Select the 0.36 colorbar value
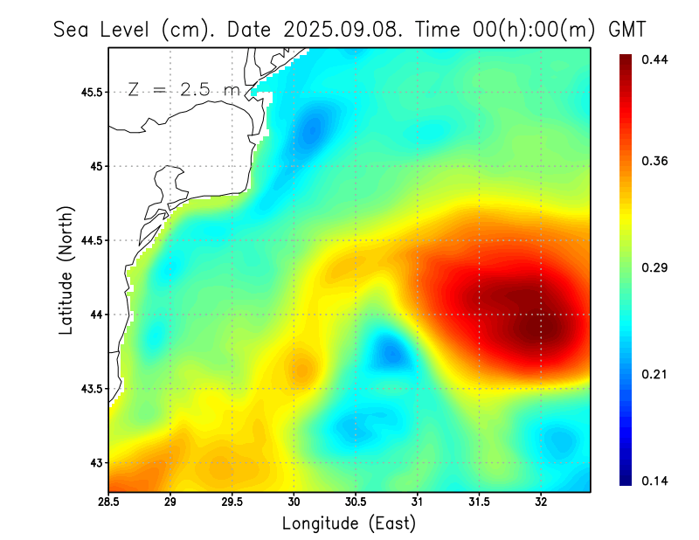(x=655, y=161)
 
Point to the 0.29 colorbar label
(x=655, y=267)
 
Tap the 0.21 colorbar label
(x=655, y=374)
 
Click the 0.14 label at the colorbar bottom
(x=655, y=481)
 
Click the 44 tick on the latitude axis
(x=94, y=315)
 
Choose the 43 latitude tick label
(x=94, y=462)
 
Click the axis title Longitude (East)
(x=349, y=523)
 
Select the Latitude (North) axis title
(x=66, y=271)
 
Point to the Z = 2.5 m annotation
(x=183, y=90)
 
